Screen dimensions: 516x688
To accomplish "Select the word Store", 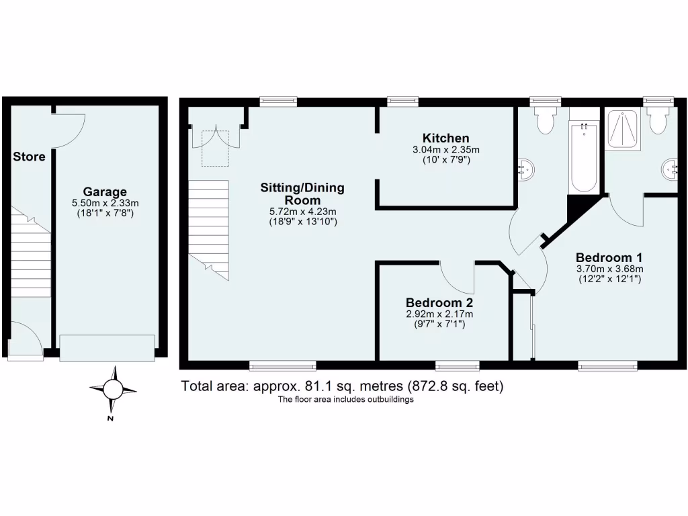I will click(30, 157).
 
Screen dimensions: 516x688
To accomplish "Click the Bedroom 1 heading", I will click(609, 257).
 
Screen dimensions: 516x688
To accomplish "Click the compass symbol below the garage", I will click(113, 389).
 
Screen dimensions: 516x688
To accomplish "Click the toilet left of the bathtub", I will click(544, 122).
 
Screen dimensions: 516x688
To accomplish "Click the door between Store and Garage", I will click(68, 130).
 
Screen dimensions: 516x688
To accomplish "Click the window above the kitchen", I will click(403, 101).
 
